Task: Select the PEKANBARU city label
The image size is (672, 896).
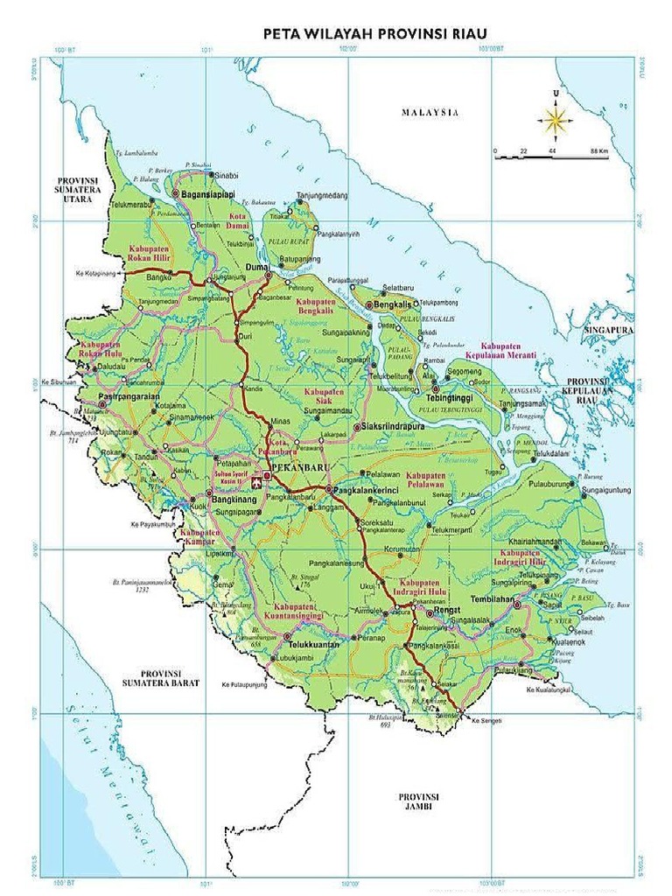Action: [298, 469]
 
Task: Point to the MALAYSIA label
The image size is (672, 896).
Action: [430, 112]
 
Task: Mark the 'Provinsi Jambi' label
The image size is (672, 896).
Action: [417, 801]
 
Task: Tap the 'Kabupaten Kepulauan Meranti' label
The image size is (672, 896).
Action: [519, 351]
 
